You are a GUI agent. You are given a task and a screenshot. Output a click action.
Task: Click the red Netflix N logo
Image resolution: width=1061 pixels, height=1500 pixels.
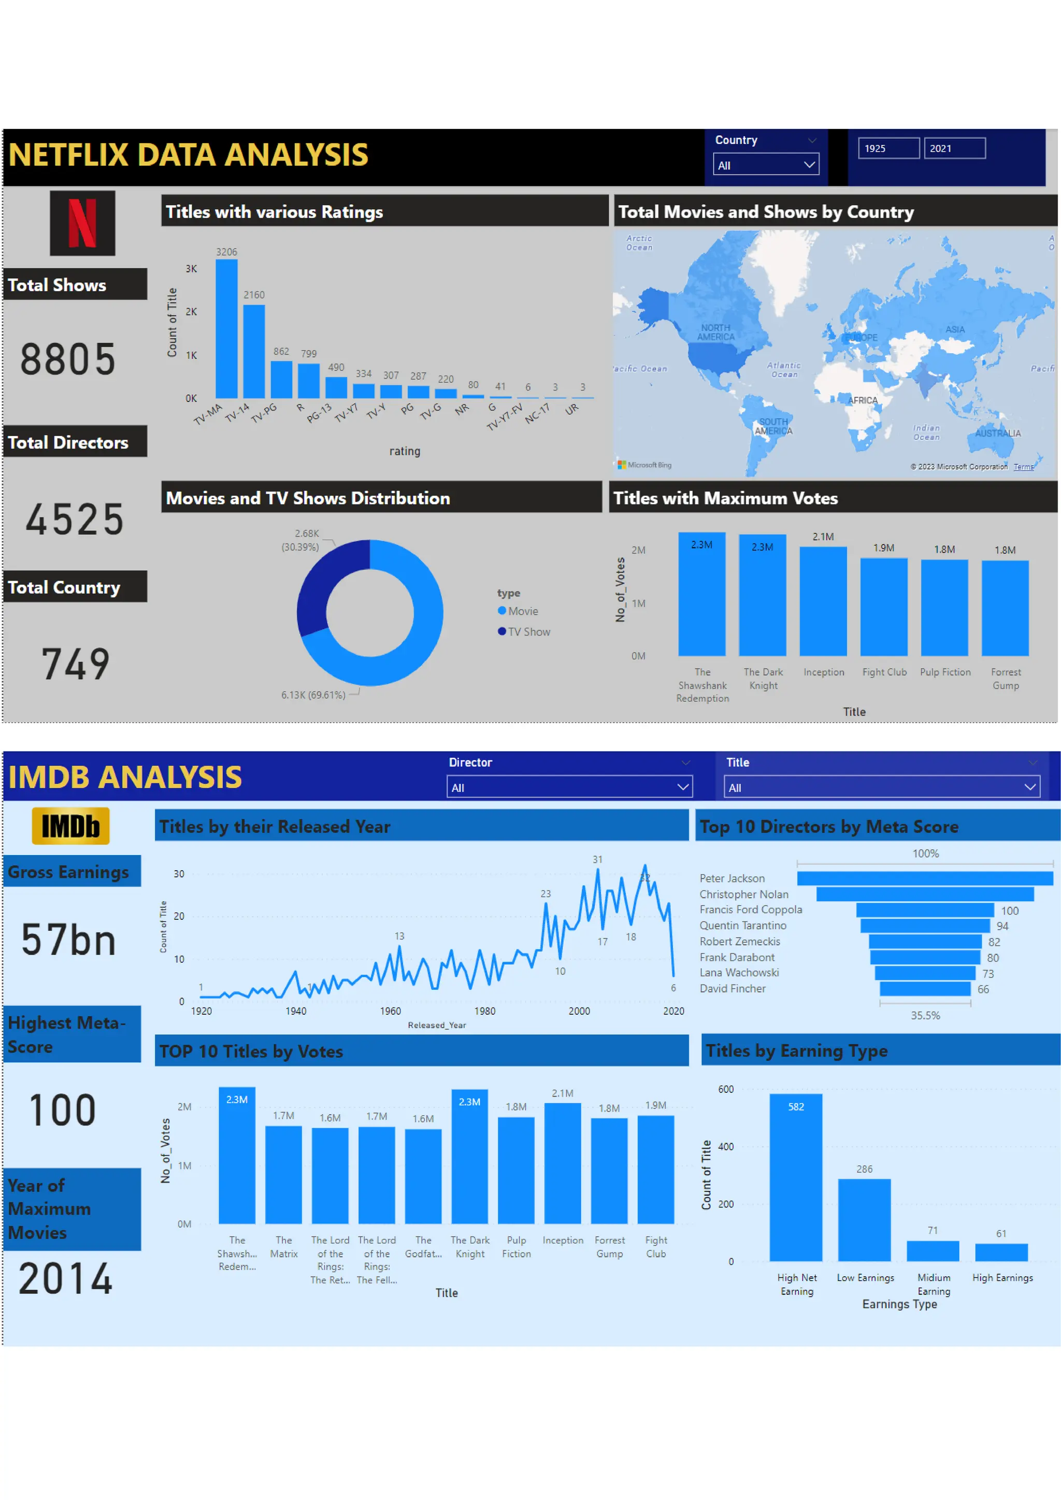click(x=82, y=223)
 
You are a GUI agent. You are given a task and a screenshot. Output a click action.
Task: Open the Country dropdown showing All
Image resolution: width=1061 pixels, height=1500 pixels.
click(x=766, y=165)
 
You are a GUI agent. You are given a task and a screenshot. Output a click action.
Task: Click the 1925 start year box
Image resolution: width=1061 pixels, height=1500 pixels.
click(x=888, y=148)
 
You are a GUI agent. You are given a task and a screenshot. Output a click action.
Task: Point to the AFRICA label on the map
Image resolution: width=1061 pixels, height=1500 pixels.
click(x=863, y=400)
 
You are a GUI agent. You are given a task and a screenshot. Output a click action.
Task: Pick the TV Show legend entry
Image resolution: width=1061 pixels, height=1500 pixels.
click(x=528, y=632)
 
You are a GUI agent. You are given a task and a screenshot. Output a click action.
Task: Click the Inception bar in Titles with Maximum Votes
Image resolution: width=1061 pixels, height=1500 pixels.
click(x=823, y=601)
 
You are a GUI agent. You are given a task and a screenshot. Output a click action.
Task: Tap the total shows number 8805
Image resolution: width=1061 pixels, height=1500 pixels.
click(x=68, y=359)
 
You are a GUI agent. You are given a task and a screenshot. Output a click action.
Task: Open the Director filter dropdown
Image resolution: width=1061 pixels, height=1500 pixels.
click(x=569, y=787)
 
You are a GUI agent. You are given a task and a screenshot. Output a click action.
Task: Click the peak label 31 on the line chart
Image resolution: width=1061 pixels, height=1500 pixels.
click(x=597, y=859)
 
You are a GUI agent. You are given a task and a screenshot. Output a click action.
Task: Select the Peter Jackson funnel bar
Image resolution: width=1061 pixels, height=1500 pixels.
click(x=924, y=878)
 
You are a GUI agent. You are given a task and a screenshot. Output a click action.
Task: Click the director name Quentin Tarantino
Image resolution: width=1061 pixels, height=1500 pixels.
click(x=743, y=925)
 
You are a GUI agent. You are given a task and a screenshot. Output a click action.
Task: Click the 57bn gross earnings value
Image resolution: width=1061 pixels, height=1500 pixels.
click(x=68, y=940)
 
